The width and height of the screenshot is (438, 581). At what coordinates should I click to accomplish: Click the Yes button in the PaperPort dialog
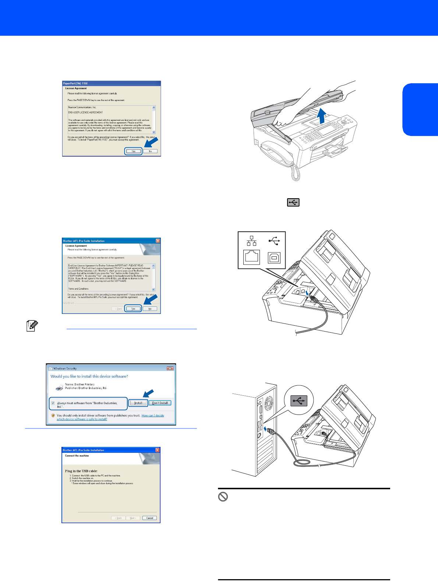[x=133, y=151]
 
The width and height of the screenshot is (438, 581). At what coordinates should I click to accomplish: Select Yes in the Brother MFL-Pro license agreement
[x=133, y=309]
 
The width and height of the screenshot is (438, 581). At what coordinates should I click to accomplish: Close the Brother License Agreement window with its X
[x=158, y=241]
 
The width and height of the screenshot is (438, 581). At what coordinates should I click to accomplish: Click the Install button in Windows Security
[x=138, y=403]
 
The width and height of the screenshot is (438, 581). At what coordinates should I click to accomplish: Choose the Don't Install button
[x=160, y=403]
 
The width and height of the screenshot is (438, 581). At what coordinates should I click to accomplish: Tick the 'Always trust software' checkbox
[x=53, y=403]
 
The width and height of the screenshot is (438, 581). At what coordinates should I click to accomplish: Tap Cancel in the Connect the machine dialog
[x=149, y=518]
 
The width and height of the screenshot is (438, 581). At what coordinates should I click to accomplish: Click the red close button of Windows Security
[x=170, y=368]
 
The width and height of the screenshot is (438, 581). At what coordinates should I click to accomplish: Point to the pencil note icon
[x=32, y=326]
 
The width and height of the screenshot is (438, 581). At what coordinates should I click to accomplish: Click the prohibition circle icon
[x=223, y=497]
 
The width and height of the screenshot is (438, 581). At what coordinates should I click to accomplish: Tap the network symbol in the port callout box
[x=252, y=241]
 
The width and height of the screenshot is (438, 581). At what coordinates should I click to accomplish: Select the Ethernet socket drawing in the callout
[x=252, y=257]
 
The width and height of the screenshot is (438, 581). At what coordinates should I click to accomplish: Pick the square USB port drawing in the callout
[x=274, y=258]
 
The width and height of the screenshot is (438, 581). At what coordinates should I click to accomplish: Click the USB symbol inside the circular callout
[x=299, y=400]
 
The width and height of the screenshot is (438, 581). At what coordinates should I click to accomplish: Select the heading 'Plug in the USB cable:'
[x=81, y=471]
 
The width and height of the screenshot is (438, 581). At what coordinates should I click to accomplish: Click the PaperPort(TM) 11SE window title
[x=75, y=84]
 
